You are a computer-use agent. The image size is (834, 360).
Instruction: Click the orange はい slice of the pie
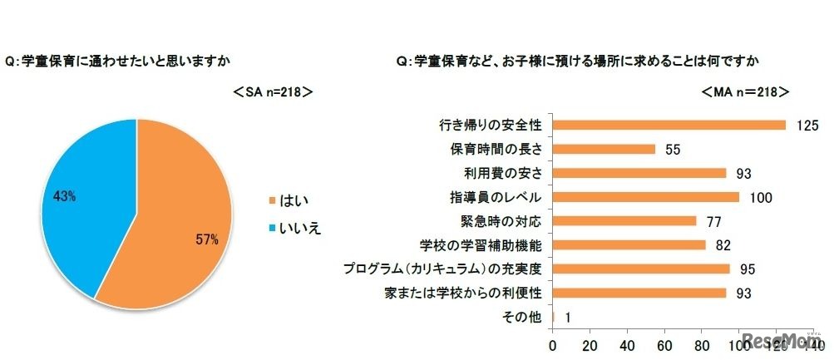pos(166,224)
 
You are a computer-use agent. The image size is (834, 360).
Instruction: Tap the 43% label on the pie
pos(65,196)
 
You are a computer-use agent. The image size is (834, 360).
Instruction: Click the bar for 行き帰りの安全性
pos(669,126)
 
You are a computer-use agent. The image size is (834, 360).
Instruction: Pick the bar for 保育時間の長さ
pos(604,150)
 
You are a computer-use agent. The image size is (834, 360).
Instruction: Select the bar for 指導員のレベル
pos(645,197)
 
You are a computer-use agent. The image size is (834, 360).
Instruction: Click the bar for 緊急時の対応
pos(624,221)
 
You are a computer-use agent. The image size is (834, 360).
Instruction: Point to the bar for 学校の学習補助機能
pos(629,245)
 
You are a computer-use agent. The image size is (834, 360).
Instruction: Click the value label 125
pos(807,126)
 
